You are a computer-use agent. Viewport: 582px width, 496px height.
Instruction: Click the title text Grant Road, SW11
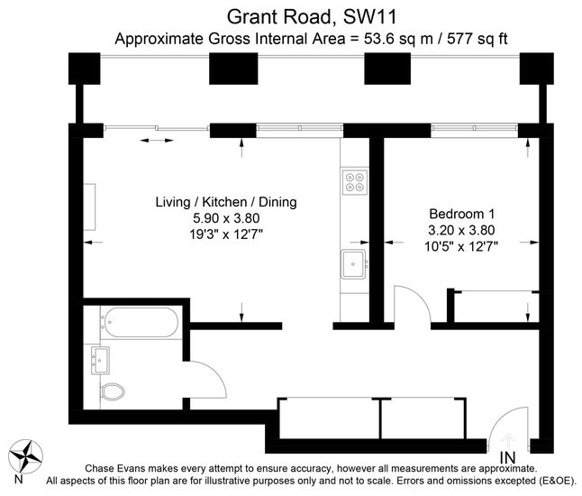click(x=312, y=17)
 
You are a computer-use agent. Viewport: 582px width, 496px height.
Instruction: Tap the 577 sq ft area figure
click(x=477, y=39)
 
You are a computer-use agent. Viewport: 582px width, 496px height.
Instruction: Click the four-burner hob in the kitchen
click(x=354, y=182)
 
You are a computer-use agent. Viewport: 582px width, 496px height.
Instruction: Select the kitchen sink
click(x=354, y=264)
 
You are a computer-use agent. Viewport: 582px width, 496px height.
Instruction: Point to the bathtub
click(x=141, y=323)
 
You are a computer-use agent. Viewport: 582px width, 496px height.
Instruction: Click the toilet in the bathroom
click(x=112, y=391)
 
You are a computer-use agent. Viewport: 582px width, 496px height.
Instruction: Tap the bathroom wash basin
click(x=100, y=361)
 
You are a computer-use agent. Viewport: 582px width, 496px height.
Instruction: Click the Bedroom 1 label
click(x=462, y=214)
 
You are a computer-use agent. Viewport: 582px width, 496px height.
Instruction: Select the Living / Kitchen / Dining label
click(x=226, y=202)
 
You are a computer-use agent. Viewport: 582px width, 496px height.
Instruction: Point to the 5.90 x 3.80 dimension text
click(x=226, y=218)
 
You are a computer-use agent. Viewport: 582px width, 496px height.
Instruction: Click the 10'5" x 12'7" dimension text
click(x=461, y=246)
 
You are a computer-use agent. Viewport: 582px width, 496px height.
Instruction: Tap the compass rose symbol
click(x=25, y=456)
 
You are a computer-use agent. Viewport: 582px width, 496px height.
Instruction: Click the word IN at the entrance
click(x=508, y=457)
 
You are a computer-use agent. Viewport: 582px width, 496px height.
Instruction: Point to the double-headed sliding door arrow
click(x=157, y=141)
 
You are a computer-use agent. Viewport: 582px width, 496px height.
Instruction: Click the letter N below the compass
click(x=19, y=479)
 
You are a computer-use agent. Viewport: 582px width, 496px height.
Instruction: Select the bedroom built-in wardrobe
click(x=496, y=306)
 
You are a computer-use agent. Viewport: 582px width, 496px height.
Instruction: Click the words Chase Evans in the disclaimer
click(x=108, y=468)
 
